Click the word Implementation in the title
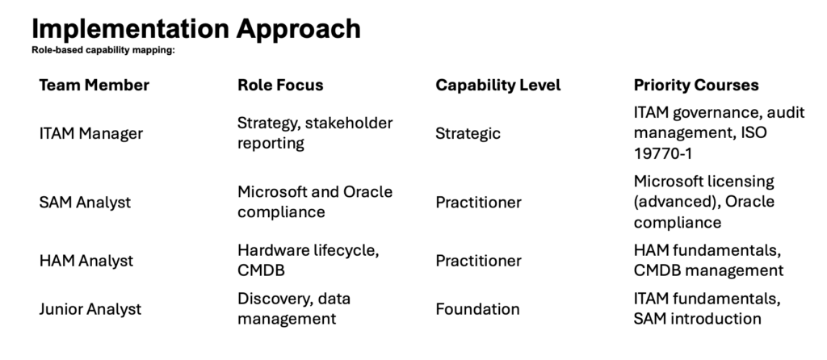click(130, 29)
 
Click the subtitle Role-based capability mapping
click(103, 51)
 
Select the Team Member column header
click(94, 85)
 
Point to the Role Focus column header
click(280, 85)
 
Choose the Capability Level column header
click(497, 86)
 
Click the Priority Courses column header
click(696, 86)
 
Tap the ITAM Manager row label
click(90, 133)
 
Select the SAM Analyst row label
click(85, 203)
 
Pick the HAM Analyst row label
click(86, 261)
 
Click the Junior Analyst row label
click(90, 309)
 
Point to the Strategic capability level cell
click(468, 134)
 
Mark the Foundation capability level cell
click(477, 309)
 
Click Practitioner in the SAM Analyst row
click(478, 203)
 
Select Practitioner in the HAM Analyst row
click(478, 261)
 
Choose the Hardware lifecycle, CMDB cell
click(308, 261)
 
